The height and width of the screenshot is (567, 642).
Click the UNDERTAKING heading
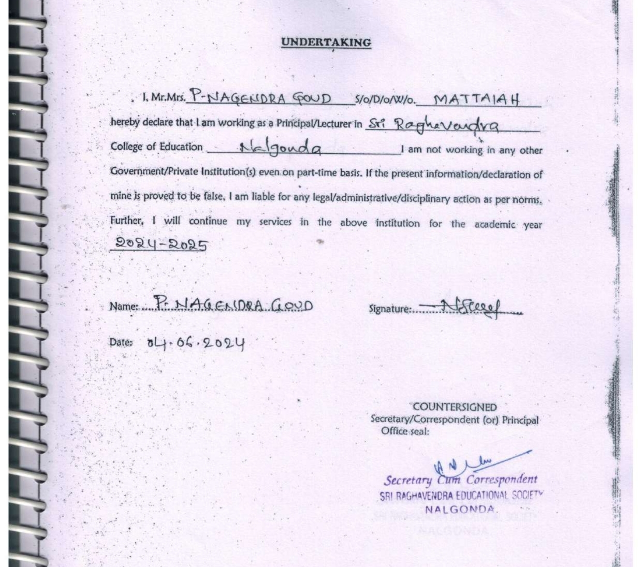coord(326,43)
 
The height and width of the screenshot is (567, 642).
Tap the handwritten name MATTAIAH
coord(476,99)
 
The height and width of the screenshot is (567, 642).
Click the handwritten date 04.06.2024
coord(195,343)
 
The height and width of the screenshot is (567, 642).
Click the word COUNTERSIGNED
coord(455,407)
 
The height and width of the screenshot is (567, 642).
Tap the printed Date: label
coord(121,342)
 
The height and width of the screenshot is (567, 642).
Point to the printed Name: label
coord(124,307)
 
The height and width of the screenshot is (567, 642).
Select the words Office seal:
coord(405,431)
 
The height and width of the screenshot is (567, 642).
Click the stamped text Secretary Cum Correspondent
coord(460,480)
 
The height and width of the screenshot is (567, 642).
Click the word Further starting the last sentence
coord(126,221)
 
